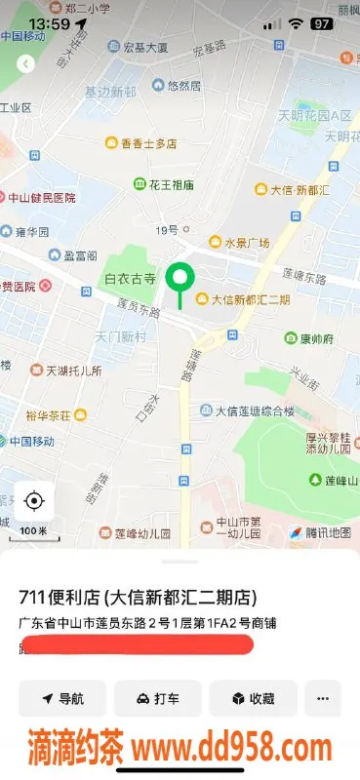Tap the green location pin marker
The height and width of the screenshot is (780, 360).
click(179, 279)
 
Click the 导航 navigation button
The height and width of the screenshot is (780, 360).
click(62, 699)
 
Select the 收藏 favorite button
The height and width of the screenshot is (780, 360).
click(253, 699)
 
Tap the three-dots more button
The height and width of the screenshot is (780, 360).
click(323, 699)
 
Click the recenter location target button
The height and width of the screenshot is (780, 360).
click(34, 501)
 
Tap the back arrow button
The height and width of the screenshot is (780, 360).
click(26, 63)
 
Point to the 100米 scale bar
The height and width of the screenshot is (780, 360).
click(34, 530)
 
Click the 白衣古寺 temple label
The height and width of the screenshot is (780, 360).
click(131, 279)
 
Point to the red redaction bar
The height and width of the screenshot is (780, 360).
click(137, 644)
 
